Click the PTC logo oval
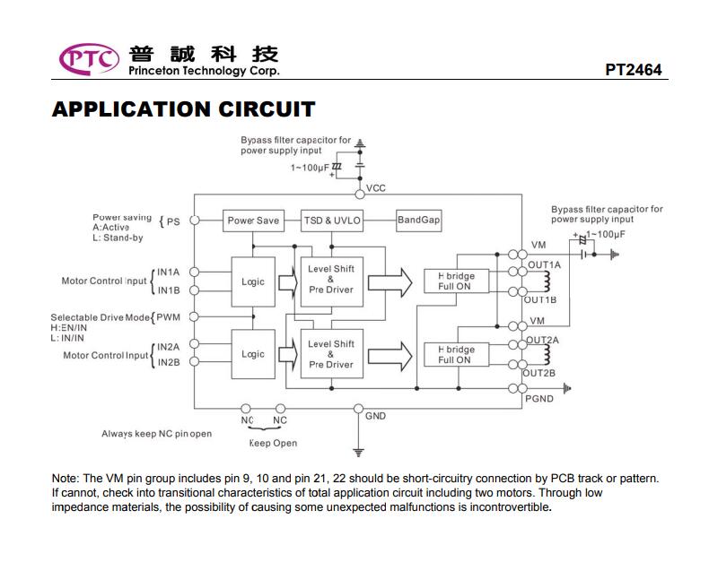[89, 59]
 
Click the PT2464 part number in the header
[633, 70]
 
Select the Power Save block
[253, 221]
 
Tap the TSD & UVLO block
[332, 221]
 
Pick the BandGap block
[419, 221]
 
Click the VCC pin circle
[360, 195]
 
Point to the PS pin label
[173, 221]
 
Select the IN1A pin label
[168, 272]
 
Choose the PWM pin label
[168, 317]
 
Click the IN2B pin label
[169, 362]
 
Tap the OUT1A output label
[545, 264]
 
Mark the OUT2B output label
[539, 373]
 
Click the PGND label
[539, 399]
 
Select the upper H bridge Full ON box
[456, 281]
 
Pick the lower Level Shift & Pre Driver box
[332, 354]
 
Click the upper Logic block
[253, 281]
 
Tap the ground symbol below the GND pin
[359, 453]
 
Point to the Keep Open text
[273, 443]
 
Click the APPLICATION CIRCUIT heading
[184, 109]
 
